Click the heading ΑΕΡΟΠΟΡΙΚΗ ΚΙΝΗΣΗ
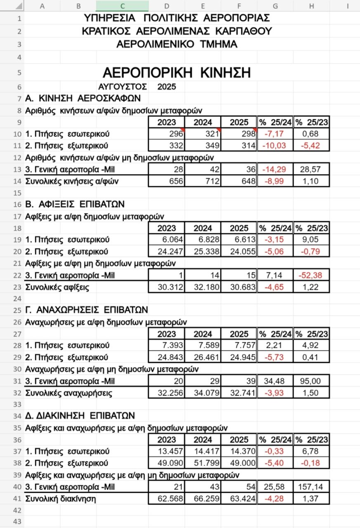(176, 73)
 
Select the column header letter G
(275, 6)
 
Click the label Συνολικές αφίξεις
(57, 287)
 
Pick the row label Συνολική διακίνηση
(61, 499)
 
